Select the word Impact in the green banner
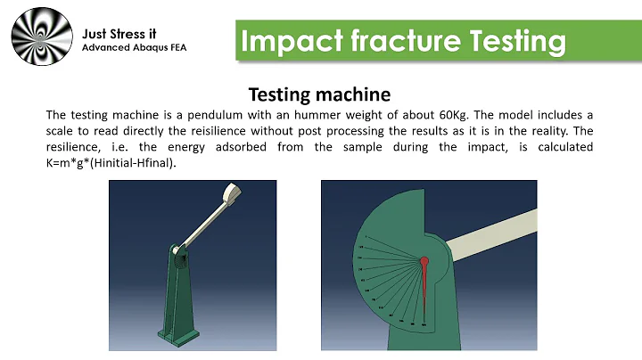coord(284,41)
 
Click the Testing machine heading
coord(318,94)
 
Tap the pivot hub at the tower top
coord(181,258)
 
